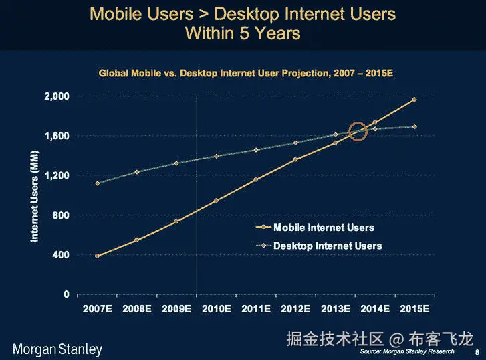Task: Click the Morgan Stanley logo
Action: pos(57,349)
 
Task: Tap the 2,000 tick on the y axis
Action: pos(56,96)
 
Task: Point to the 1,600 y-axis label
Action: pos(56,136)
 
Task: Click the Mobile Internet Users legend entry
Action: pos(324,228)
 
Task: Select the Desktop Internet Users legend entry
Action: pos(328,246)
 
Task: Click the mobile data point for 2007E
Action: pos(97,256)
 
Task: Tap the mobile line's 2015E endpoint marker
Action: pos(414,100)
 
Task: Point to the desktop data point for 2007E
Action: pos(97,183)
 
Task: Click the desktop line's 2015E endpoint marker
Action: pos(414,126)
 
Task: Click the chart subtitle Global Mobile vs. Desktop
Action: pos(245,71)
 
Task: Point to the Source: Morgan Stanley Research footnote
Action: pos(408,351)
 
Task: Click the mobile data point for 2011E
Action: pos(255,179)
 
